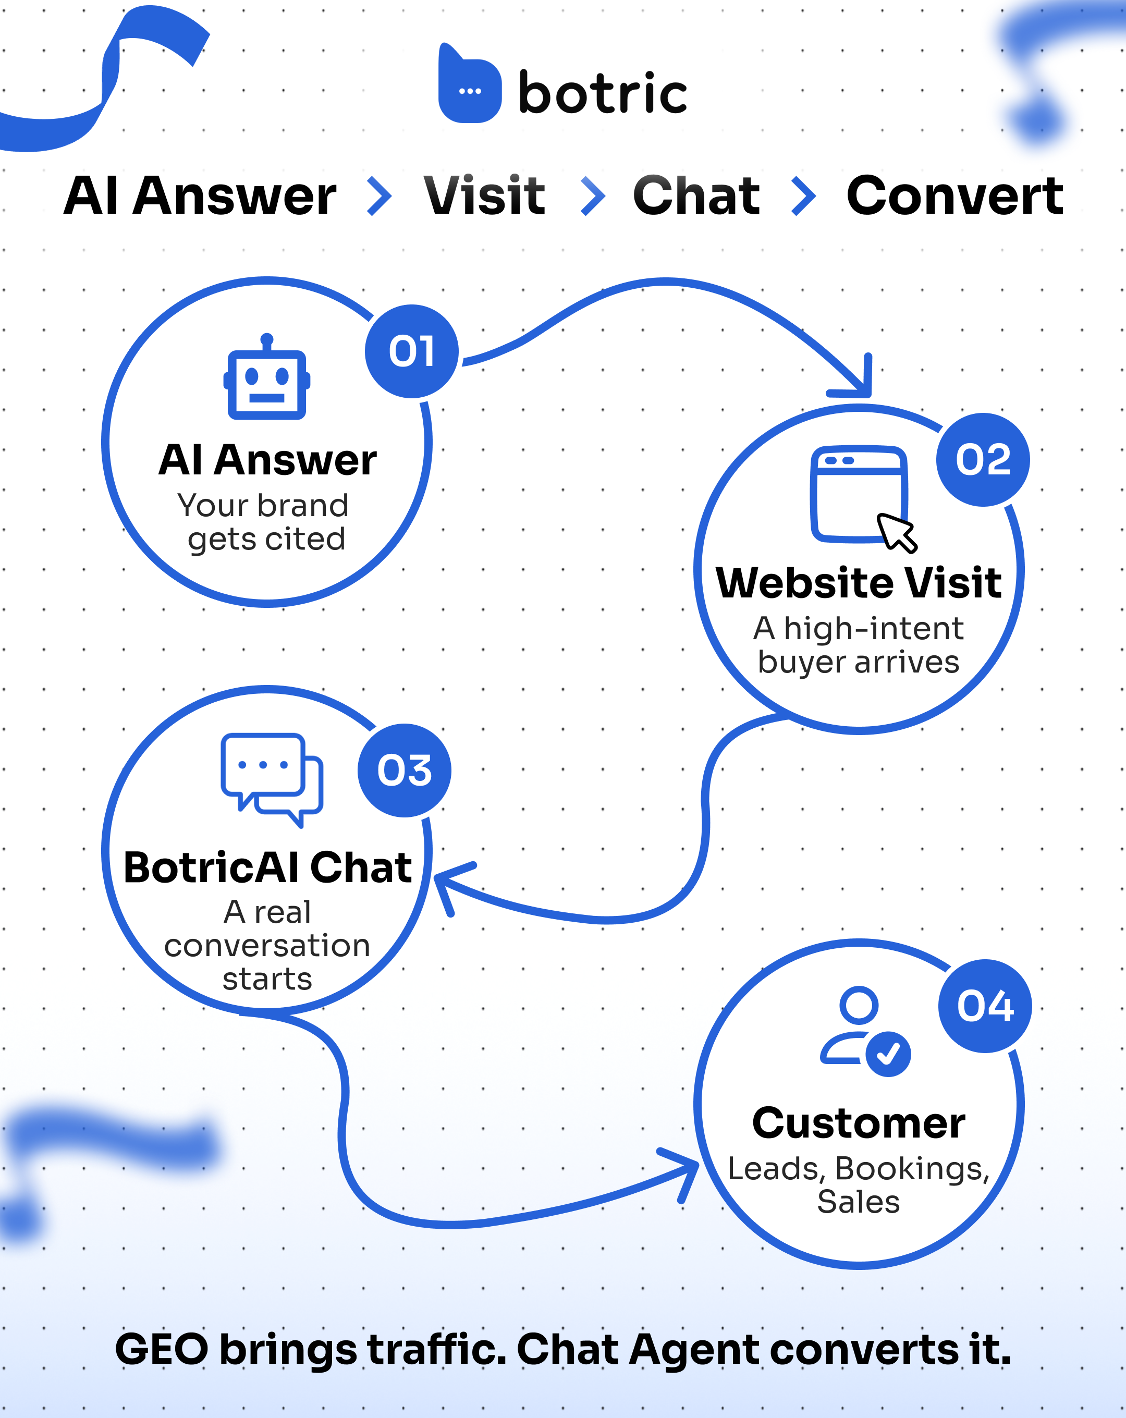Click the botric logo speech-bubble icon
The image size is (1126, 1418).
pos(470,86)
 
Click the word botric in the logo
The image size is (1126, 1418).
pos(603,93)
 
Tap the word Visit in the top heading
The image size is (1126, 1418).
pos(485,196)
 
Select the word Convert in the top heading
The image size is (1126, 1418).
pos(954,196)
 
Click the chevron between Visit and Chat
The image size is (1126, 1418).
pos(593,196)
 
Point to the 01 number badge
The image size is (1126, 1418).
pos(412,351)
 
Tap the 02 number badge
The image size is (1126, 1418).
pos(983,459)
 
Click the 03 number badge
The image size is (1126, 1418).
pos(405,770)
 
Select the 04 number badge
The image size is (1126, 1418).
pos(985,1006)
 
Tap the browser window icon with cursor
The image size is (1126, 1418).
pos(862,497)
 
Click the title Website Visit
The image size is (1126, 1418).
pos(858,583)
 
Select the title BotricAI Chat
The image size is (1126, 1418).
pos(268,867)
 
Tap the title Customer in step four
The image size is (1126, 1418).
pos(858,1123)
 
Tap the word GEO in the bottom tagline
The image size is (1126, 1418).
pos(162,1350)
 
